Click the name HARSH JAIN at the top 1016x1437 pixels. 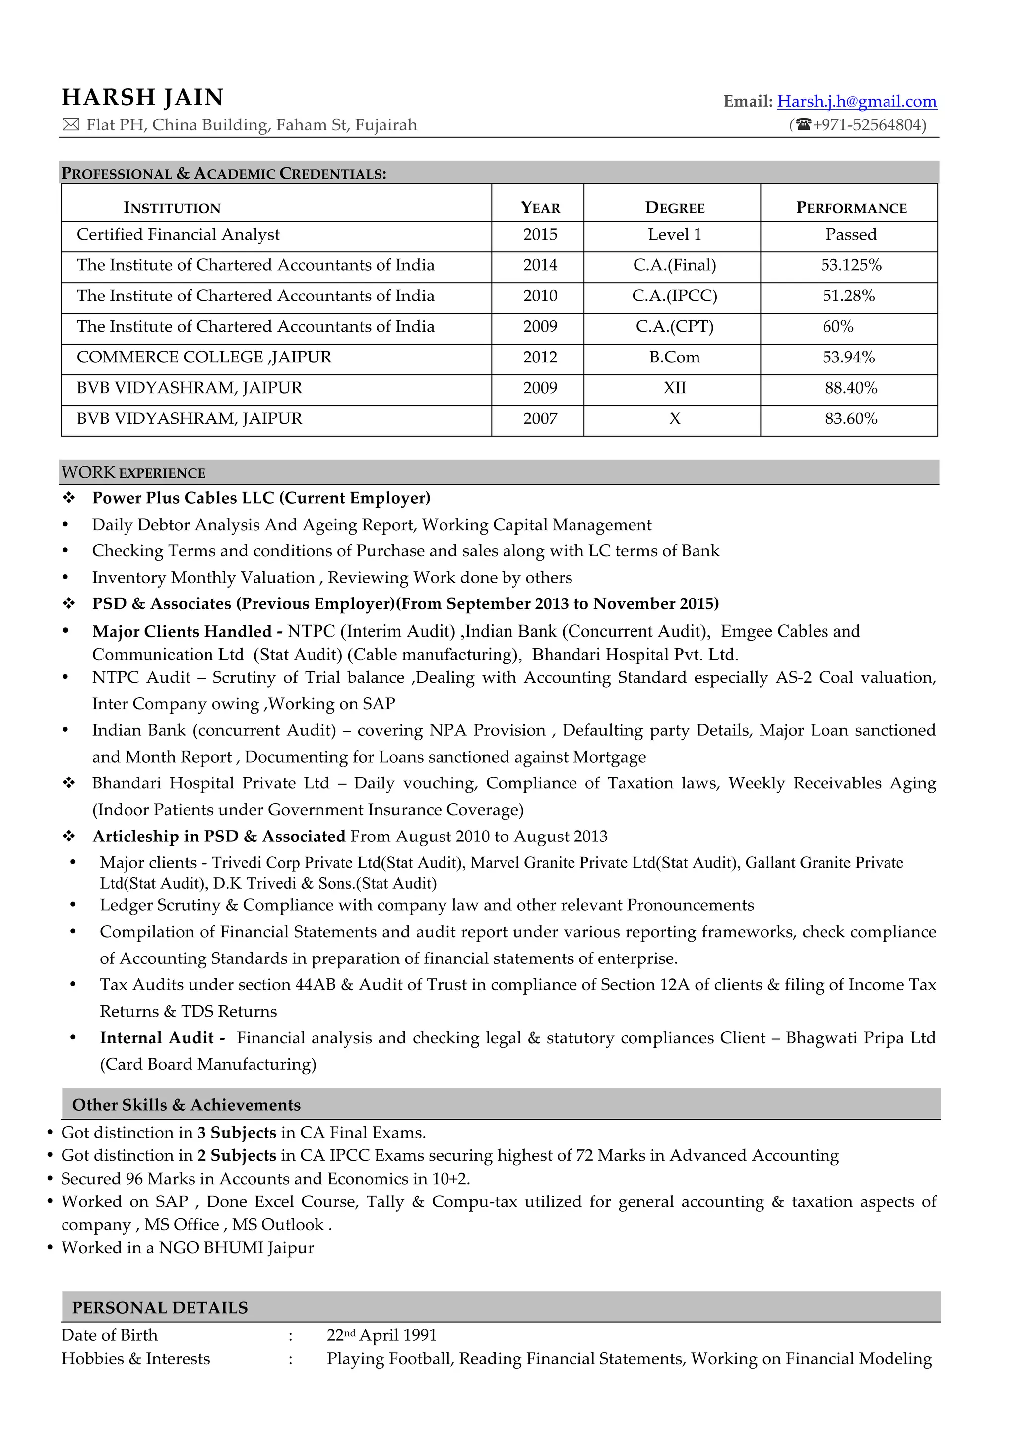tap(143, 98)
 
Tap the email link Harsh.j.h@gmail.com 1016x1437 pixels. tap(856, 101)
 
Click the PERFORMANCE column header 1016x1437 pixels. tap(851, 208)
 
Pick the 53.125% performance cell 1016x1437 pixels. tap(851, 265)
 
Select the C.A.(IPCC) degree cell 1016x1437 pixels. tap(674, 296)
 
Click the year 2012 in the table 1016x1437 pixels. tap(540, 358)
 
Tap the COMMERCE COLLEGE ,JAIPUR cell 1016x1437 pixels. tap(204, 358)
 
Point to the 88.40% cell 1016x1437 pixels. tap(851, 388)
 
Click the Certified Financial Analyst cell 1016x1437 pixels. tap(179, 235)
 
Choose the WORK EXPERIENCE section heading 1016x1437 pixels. tap(133, 473)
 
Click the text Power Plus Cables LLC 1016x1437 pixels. tap(184, 498)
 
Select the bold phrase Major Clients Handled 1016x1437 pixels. tap(182, 632)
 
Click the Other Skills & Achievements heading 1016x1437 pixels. tap(187, 1105)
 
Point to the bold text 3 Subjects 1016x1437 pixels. tap(237, 1133)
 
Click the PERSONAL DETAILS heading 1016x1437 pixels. tap(160, 1308)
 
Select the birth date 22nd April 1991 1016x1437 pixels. tap(381, 1336)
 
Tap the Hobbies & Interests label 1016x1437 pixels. tap(136, 1359)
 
